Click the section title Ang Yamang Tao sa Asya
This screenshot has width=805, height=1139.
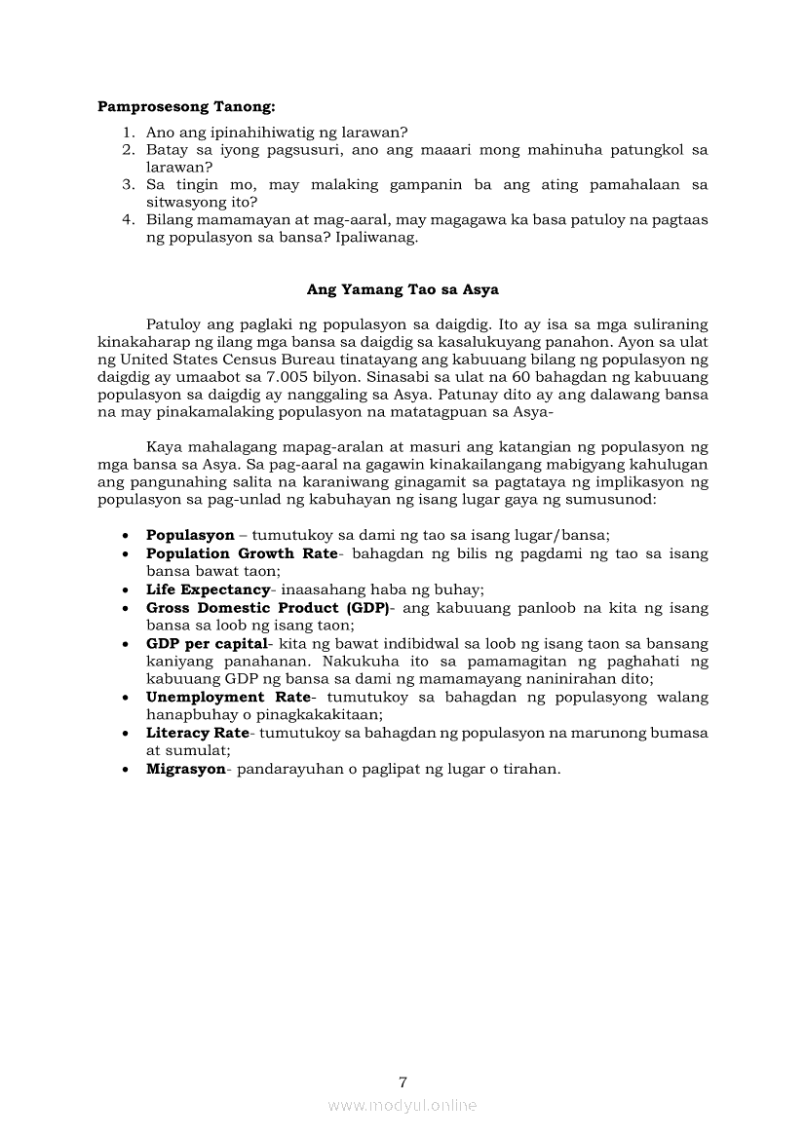point(402,289)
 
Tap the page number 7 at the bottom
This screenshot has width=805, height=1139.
point(402,1082)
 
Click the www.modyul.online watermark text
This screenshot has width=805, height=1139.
point(402,1105)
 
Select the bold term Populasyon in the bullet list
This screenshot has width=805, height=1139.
point(190,535)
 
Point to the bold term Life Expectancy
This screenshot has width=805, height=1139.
point(208,589)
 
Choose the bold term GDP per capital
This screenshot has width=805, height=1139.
point(207,644)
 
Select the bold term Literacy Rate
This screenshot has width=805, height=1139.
point(198,734)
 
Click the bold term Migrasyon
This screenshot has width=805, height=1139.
point(185,769)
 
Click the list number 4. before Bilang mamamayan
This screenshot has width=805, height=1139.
point(128,220)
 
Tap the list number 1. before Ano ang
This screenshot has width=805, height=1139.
point(128,133)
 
